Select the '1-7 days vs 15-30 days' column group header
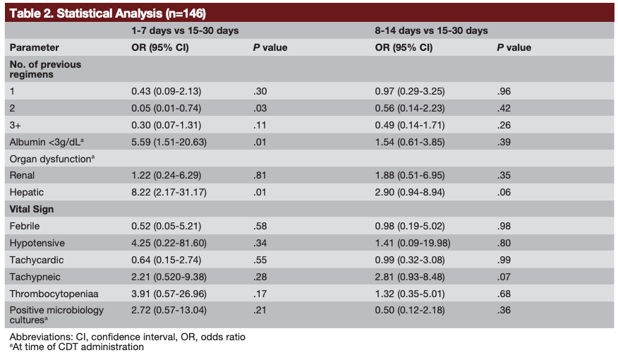(185, 31)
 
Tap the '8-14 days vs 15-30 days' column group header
(431, 31)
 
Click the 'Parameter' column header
(34, 48)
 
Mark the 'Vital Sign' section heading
(31, 209)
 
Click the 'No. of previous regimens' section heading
(45, 69)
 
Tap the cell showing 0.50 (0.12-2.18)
(413, 311)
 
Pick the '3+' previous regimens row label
(16, 126)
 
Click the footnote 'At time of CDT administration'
(77, 347)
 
